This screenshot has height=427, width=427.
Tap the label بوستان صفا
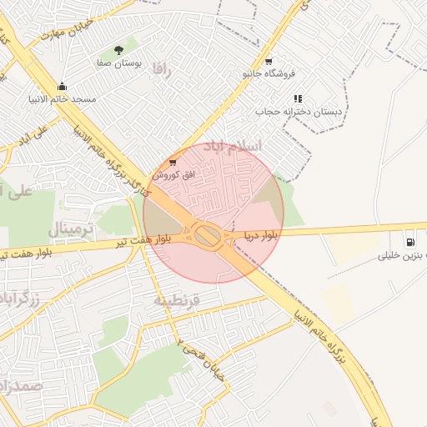[119, 63]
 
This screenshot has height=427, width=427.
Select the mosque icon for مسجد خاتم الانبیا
[62, 87]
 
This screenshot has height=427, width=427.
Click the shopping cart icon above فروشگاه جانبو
[268, 62]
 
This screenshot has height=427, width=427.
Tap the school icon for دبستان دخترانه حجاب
[298, 98]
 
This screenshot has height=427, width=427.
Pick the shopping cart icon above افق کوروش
[173, 162]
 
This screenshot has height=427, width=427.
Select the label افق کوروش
[174, 175]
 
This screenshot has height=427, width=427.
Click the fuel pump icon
[409, 243]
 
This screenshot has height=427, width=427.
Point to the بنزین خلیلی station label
[403, 256]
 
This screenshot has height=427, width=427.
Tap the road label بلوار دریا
[260, 236]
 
